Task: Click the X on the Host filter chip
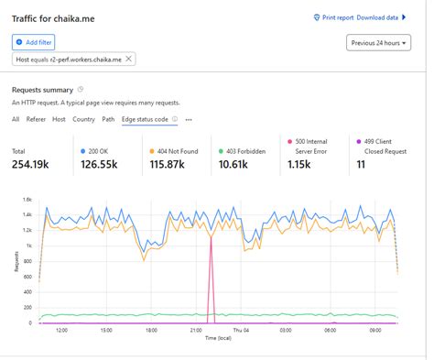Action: tap(128, 59)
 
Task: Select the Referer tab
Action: tap(36, 119)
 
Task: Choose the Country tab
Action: tap(83, 119)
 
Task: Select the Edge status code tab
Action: tap(145, 119)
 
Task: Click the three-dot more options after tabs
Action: tap(189, 119)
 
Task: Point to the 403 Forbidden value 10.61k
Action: tap(239, 164)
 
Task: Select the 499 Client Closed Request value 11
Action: tap(361, 164)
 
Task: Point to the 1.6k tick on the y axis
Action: tap(27, 199)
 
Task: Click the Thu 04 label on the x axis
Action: tap(240, 331)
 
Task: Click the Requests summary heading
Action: tap(42, 90)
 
